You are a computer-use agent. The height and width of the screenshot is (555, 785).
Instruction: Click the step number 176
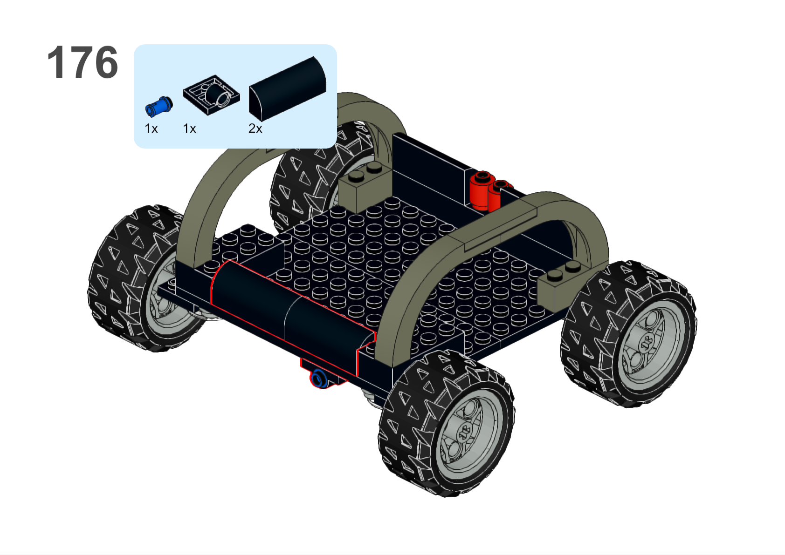[83, 62]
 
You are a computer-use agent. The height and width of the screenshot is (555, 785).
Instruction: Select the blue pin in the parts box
[159, 106]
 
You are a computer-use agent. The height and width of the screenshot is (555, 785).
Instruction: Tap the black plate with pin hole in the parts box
[211, 95]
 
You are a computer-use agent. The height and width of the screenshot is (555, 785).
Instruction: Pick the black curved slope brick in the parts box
[287, 89]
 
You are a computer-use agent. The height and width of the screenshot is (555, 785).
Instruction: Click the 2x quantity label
[255, 129]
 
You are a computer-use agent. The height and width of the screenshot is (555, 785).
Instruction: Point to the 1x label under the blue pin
[151, 129]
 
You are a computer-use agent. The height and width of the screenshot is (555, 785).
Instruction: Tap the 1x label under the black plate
[189, 129]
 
